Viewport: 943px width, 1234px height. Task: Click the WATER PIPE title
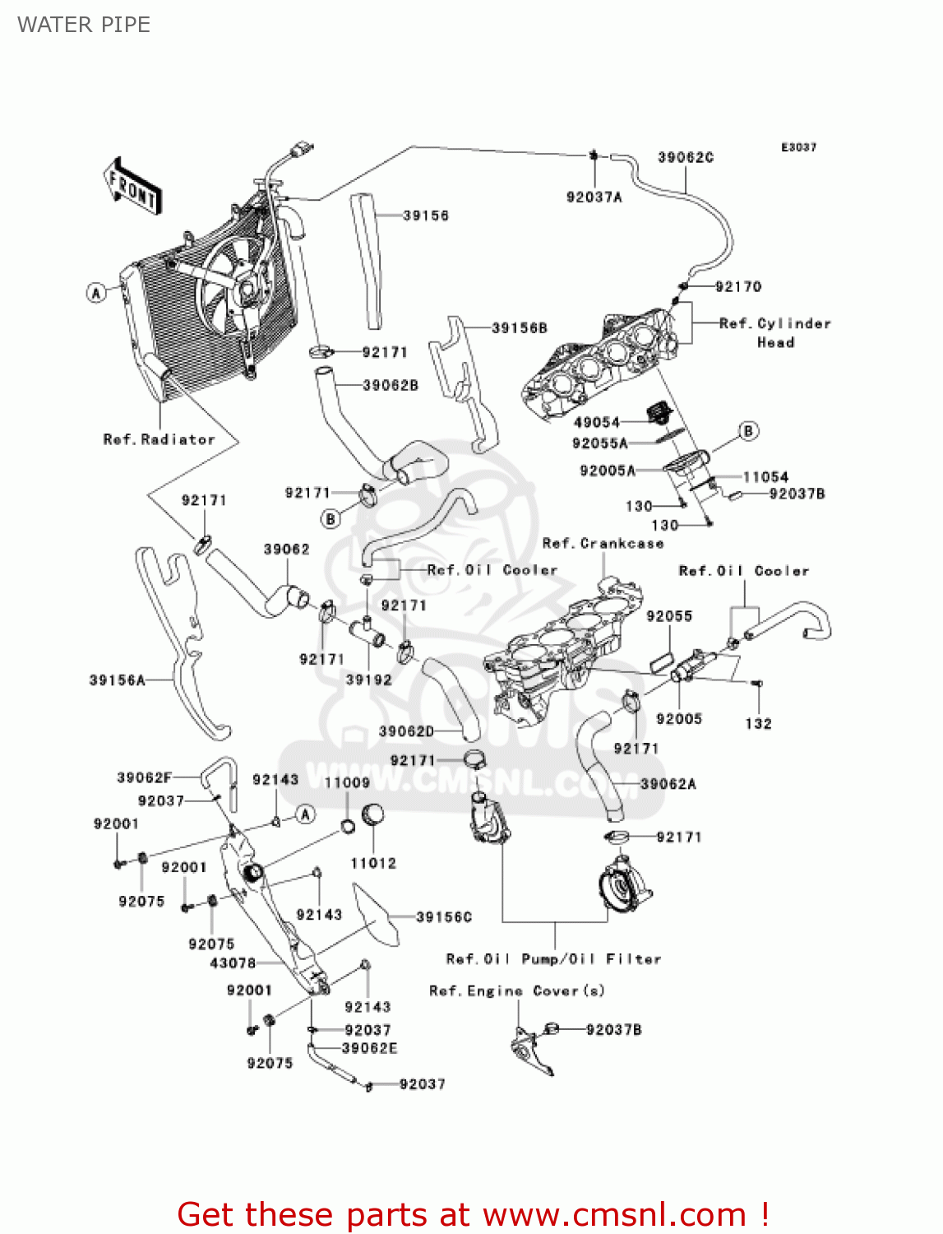pos(84,25)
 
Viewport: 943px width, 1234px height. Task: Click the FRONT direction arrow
pos(132,188)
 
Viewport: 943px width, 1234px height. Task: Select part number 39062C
pos(685,157)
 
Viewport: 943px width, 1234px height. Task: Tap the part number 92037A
pos(594,197)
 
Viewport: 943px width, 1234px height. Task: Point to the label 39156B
pos(519,328)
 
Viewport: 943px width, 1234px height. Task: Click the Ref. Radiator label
pos(159,439)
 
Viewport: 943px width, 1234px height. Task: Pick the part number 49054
pos(596,422)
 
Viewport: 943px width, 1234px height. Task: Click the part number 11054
pos(765,477)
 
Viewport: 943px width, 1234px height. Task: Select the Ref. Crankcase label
pos(603,544)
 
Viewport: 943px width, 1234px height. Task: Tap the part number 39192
pos(368,680)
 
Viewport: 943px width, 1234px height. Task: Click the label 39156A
pos(117,680)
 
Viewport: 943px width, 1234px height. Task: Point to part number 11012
pos(373,863)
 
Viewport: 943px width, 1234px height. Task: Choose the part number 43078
pos(233,963)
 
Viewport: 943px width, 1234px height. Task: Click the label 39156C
pos(444,916)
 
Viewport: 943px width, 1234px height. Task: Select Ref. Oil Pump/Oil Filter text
pos(553,959)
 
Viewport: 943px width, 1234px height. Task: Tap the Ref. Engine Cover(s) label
pos(516,991)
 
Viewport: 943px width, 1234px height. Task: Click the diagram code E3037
pos(798,147)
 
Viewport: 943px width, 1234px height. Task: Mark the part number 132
pos(758,724)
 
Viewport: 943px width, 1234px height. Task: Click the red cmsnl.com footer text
pos(473,1214)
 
